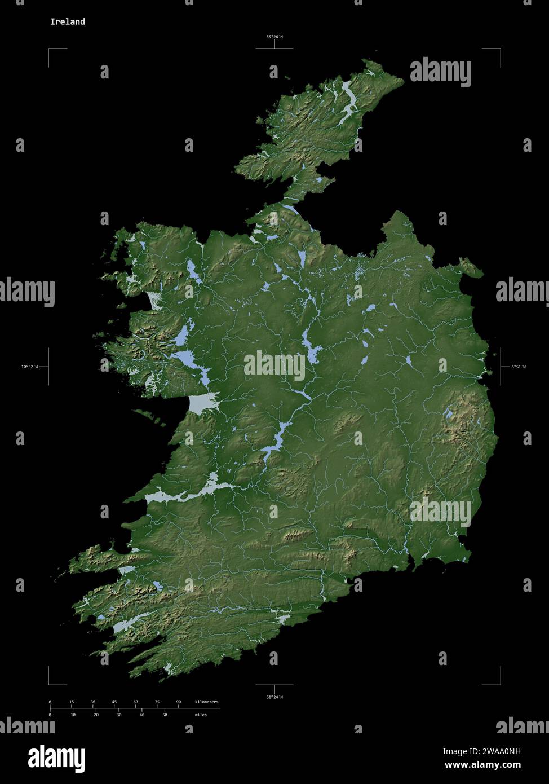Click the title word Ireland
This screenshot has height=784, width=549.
(67, 22)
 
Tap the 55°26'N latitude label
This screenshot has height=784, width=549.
(274, 37)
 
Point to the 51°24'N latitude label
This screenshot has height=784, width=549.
(274, 697)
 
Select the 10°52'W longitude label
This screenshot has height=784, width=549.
(29, 367)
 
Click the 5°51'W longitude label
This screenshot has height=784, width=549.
(518, 367)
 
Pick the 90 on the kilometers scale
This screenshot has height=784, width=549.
(179, 702)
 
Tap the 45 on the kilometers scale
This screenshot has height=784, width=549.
(114, 702)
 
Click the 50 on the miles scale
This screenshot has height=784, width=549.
(165, 715)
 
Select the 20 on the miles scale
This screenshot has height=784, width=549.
(96, 715)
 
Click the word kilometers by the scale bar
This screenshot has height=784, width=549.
(206, 702)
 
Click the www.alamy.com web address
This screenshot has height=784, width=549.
(482, 765)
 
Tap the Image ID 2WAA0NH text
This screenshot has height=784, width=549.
(482, 751)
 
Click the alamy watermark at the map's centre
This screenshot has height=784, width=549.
(274, 365)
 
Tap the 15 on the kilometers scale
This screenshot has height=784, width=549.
(72, 702)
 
